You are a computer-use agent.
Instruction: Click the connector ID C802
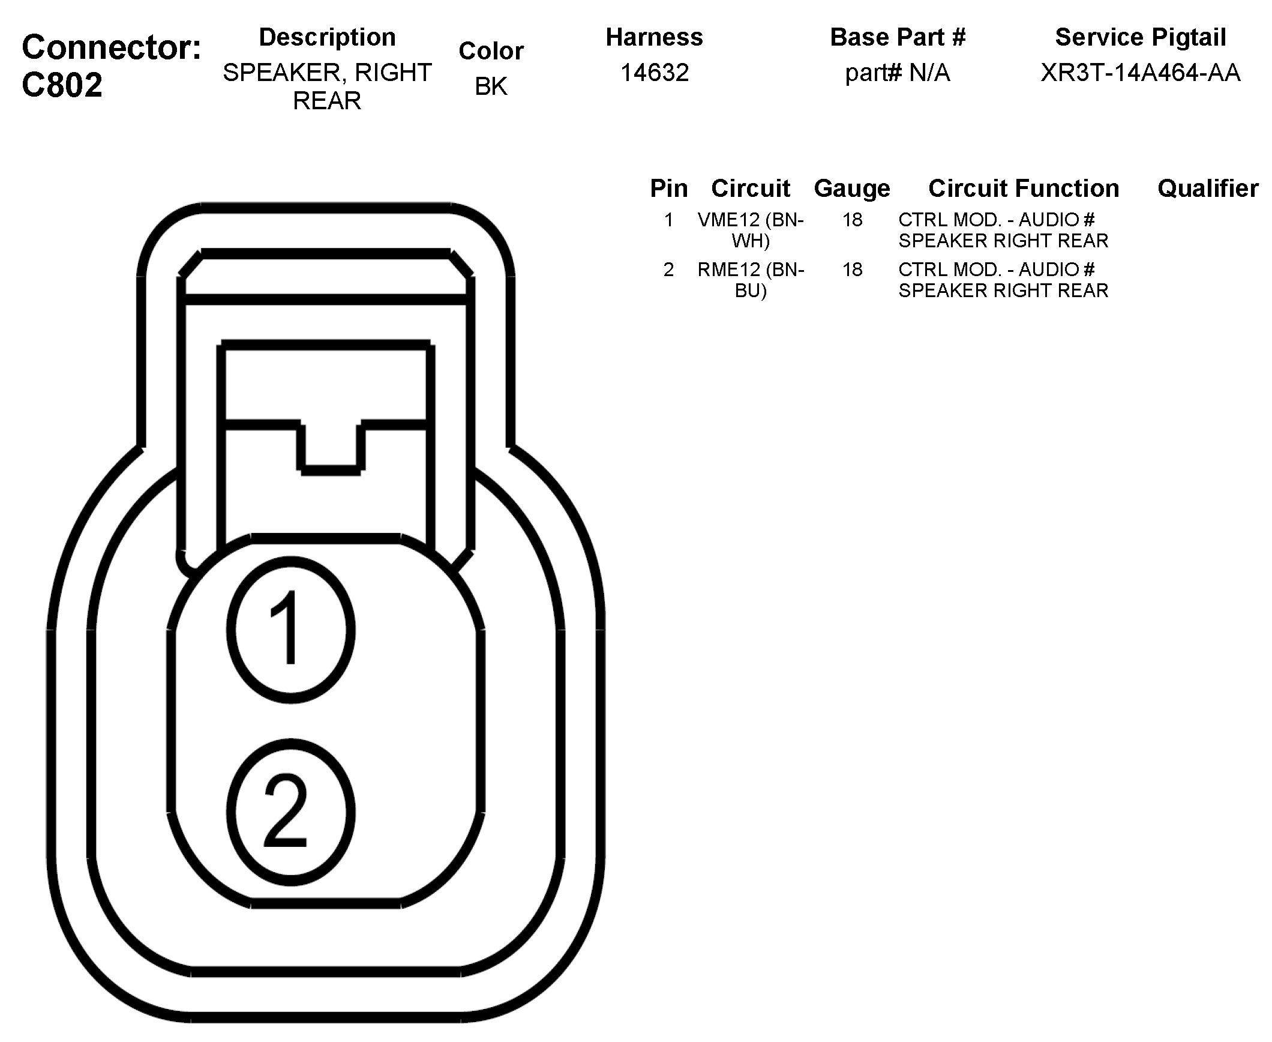(62, 85)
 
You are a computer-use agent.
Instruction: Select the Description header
(327, 37)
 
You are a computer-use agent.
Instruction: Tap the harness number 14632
(654, 73)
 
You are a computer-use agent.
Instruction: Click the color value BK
(491, 86)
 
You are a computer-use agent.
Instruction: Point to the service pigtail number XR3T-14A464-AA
(1140, 73)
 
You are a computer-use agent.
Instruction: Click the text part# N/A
(897, 73)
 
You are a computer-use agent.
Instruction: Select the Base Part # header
(898, 37)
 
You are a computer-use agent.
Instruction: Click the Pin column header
(668, 188)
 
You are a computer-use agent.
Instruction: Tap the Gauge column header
(852, 188)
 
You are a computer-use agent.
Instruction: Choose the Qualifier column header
(1208, 188)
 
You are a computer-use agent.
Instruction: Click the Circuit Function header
(1024, 188)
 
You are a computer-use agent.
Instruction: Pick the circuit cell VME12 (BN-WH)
(751, 230)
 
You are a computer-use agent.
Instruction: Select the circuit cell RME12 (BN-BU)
(751, 280)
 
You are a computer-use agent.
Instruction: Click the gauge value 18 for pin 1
(852, 220)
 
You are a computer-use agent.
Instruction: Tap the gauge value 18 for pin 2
(852, 270)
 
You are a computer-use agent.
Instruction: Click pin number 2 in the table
(668, 270)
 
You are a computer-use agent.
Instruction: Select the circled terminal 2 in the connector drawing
(290, 812)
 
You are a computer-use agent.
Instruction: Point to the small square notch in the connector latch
(331, 447)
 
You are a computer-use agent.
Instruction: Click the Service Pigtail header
(1140, 37)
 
